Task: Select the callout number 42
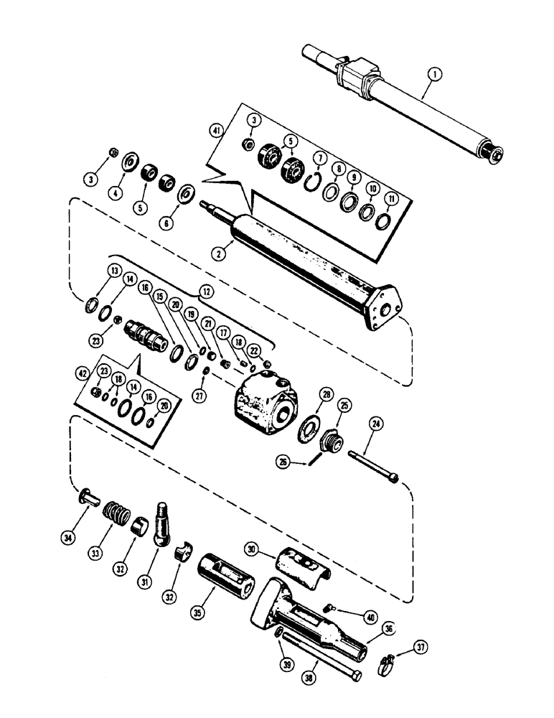[83, 373]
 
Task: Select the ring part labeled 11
[383, 218]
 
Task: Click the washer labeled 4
[131, 161]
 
